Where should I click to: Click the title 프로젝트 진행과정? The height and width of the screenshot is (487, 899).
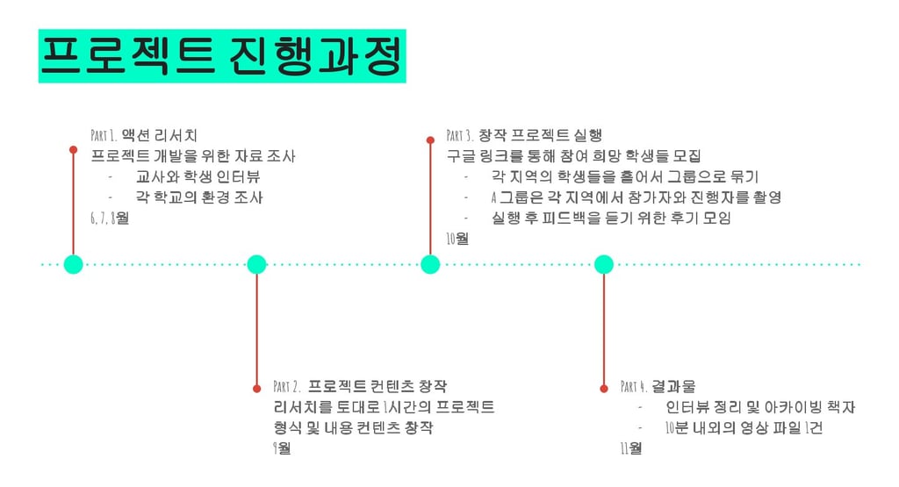pyautogui.click(x=222, y=56)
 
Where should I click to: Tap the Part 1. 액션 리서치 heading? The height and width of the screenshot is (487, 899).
pyautogui.click(x=145, y=135)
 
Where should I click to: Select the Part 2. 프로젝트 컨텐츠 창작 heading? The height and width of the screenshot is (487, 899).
pyautogui.click(x=360, y=386)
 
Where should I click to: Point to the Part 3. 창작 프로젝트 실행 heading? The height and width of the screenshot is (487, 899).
pyautogui.click(x=524, y=135)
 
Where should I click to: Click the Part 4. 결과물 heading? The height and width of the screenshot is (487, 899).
pyautogui.click(x=658, y=386)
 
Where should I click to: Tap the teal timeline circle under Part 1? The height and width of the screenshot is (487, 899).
pyautogui.click(x=74, y=264)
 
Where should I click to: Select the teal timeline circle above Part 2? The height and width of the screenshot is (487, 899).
pyautogui.click(x=256, y=264)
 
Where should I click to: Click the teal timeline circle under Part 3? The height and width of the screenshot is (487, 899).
pyautogui.click(x=430, y=264)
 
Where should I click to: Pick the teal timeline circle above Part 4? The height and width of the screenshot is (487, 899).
pyautogui.click(x=604, y=264)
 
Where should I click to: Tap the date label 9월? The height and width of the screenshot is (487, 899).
pyautogui.click(x=283, y=448)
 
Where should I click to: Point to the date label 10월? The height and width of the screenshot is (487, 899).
pyautogui.click(x=457, y=239)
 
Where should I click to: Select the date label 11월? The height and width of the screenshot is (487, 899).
pyautogui.click(x=631, y=448)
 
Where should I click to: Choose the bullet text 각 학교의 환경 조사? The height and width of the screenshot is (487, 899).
pyautogui.click(x=199, y=197)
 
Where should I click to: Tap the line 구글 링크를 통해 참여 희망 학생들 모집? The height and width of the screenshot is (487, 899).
pyautogui.click(x=573, y=156)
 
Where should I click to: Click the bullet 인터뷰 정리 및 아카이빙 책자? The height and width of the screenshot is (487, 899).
pyautogui.click(x=760, y=407)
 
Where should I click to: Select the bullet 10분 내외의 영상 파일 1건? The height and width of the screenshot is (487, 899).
pyautogui.click(x=744, y=428)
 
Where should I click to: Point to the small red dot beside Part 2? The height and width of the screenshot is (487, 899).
pyautogui.click(x=256, y=388)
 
